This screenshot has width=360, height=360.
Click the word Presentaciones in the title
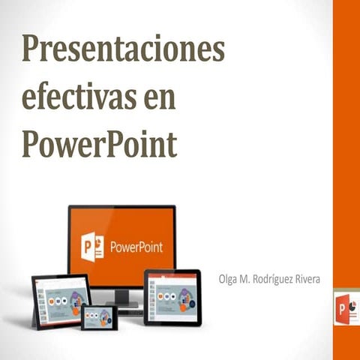(x=124, y=50)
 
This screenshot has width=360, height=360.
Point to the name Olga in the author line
(x=229, y=279)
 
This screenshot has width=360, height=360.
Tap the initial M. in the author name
(x=248, y=279)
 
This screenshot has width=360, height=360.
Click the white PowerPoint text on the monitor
(x=136, y=247)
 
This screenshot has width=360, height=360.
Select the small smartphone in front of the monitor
(x=99, y=317)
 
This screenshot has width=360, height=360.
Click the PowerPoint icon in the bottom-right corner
(x=347, y=309)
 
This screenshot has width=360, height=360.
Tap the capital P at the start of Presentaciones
(x=31, y=50)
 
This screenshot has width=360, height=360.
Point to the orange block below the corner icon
(x=346, y=344)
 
